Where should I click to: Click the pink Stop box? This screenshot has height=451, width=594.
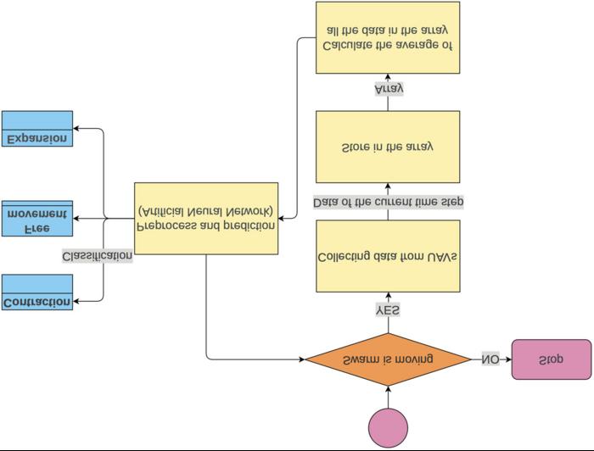(551, 359)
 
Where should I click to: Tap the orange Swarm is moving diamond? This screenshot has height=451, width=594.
(388, 359)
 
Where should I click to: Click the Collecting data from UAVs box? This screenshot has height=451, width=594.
(388, 256)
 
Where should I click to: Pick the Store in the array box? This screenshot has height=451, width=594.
(388, 147)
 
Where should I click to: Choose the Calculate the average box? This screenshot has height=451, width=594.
(388, 37)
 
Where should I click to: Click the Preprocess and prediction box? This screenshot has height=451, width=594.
(206, 218)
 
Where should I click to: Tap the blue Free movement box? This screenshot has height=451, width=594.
(37, 219)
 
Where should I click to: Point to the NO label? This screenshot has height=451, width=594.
(490, 359)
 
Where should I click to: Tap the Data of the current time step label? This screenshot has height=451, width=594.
(388, 202)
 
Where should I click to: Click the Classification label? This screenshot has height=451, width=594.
(98, 255)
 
